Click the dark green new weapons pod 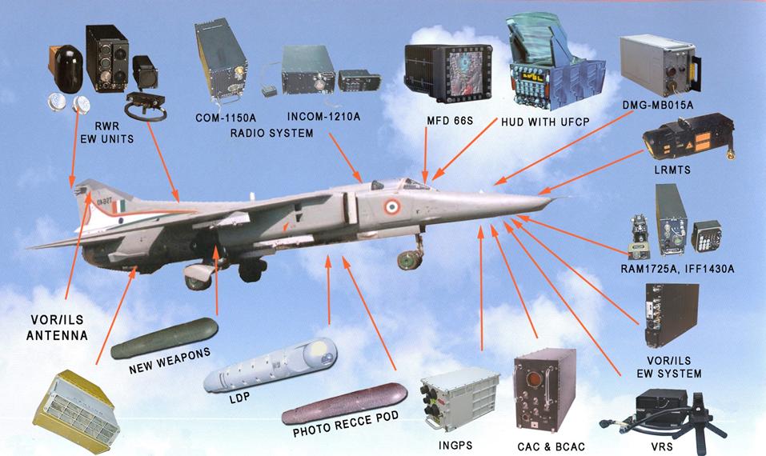click(165, 338)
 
